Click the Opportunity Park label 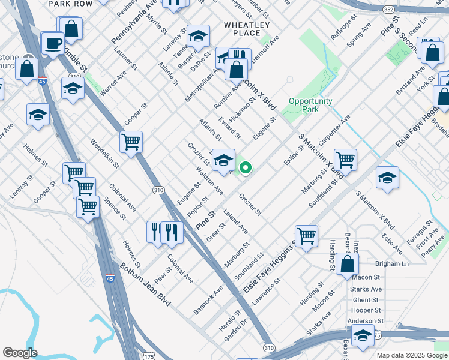point(310,105)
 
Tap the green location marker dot point(246,168)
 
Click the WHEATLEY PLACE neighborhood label point(246,29)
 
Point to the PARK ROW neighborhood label point(70,4)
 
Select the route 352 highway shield point(406,9)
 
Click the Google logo point(20,352)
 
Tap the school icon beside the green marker point(223,160)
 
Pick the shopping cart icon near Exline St point(345,160)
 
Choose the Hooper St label point(366,310)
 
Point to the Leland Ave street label point(235,221)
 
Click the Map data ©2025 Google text point(411,355)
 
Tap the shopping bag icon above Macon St point(348,264)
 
